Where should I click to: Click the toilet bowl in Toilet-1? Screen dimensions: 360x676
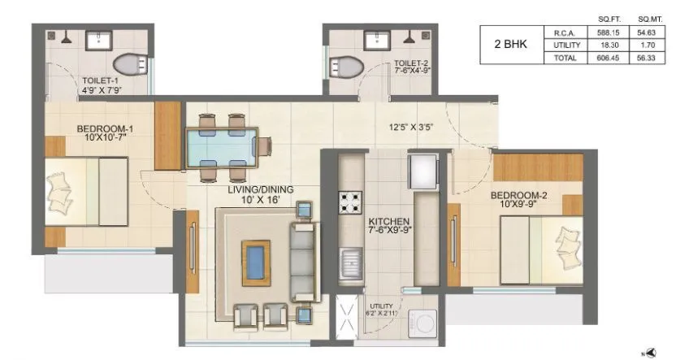tap(128, 64)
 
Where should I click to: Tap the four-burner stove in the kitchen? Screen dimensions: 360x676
tap(351, 201)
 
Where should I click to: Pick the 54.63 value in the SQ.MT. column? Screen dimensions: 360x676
tap(648, 33)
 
